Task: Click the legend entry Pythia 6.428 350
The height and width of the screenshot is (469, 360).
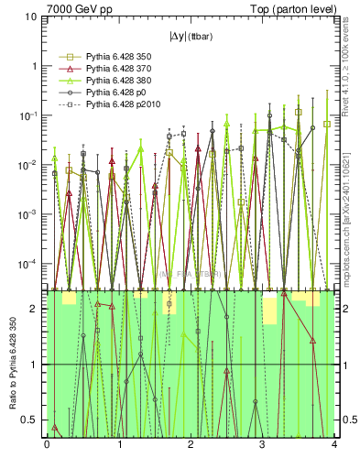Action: [106, 57]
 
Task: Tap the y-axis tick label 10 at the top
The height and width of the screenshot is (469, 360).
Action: [30, 17]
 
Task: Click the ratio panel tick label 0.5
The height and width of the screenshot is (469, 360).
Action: [32, 420]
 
